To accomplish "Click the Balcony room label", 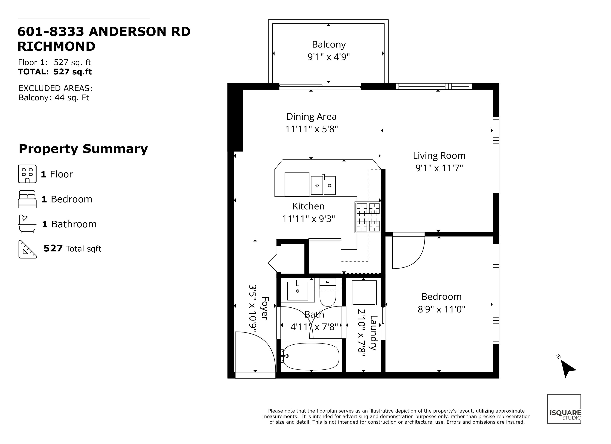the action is pyautogui.click(x=329, y=45).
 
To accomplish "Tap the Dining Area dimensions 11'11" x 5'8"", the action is pyautogui.click(x=311, y=129).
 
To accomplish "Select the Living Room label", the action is pyautogui.click(x=439, y=156).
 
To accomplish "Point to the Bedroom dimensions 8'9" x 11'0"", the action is pyautogui.click(x=441, y=309).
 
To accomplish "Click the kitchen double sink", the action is pyautogui.click(x=323, y=185).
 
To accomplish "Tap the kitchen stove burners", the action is pyautogui.click(x=368, y=217).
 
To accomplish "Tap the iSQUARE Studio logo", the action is pyautogui.click(x=564, y=409).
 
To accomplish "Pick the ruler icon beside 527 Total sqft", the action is pyautogui.click(x=27, y=249).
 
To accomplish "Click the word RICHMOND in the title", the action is pyautogui.click(x=56, y=46).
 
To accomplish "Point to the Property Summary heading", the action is pyautogui.click(x=83, y=149).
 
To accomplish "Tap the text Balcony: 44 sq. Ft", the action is pyautogui.click(x=54, y=97).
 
